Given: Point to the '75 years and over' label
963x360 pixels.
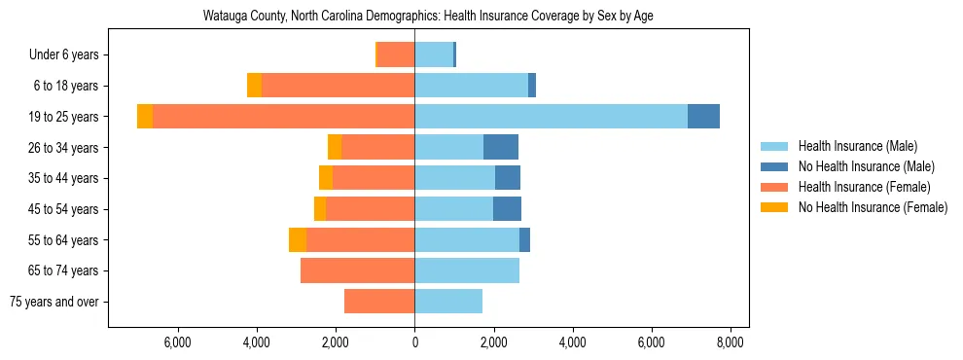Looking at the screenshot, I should tap(54, 302).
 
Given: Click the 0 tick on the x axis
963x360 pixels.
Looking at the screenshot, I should tap(414, 342).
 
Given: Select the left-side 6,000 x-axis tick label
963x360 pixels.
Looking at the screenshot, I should tap(177, 342).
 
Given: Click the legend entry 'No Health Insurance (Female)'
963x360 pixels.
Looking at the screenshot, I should tap(873, 207).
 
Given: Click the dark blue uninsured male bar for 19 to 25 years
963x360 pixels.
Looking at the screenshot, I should tap(703, 117).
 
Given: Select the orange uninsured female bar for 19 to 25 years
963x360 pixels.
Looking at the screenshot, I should tap(145, 117).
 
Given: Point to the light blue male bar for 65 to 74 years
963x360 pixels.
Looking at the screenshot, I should tap(467, 270).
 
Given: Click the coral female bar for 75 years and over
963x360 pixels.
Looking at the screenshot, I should tap(379, 302).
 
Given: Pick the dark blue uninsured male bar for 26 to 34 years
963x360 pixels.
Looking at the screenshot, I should tap(501, 147).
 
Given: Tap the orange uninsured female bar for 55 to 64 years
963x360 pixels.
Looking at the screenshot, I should tap(298, 239).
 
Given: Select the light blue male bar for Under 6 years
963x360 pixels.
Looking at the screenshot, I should tap(434, 55).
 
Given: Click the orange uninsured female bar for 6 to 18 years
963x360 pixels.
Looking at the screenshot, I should tap(254, 86).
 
